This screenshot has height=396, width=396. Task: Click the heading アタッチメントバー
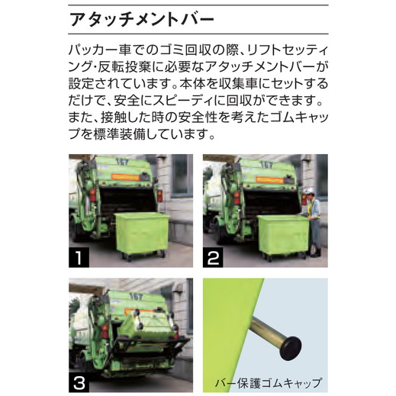tap(141, 20)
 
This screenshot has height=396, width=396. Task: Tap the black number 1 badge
tap(79, 257)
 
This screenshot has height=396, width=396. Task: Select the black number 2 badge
tap(213, 257)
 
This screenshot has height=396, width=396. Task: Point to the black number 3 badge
tap(79, 382)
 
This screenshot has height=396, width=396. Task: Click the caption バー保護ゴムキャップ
tap(269, 383)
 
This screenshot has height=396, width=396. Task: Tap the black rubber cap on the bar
tap(291, 348)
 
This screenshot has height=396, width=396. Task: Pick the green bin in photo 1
tap(142, 233)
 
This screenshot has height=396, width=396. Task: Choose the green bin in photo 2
tap(284, 235)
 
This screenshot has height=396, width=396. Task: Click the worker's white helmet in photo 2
tap(310, 191)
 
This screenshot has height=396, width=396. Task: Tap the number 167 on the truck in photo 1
tap(122, 162)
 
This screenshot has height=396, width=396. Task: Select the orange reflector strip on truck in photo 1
tap(125, 177)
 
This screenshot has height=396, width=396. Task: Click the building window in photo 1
tap(180, 175)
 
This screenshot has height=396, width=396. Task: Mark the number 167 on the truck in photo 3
tap(136, 297)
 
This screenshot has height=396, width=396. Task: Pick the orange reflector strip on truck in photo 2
tap(269, 179)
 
